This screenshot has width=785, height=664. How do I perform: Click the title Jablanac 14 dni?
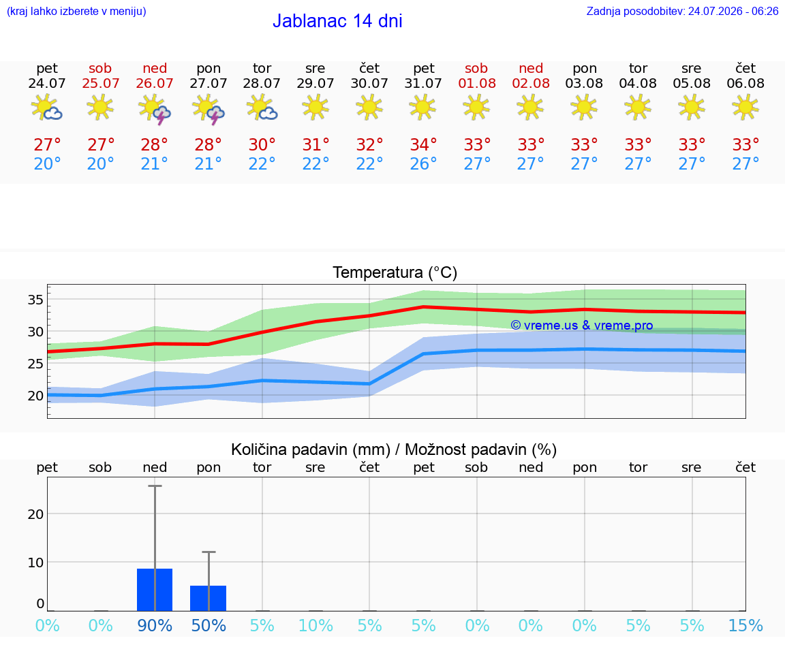(337, 21)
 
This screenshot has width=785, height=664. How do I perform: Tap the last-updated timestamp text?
(682, 11)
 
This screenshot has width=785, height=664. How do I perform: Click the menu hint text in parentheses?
(76, 11)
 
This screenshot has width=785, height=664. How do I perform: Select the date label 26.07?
(155, 83)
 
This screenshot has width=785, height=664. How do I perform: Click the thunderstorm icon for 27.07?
(209, 108)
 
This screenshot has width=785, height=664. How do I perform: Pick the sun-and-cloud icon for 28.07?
(262, 108)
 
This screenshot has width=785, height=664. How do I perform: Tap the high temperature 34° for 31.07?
(424, 144)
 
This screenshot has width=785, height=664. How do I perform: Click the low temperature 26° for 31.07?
(424, 163)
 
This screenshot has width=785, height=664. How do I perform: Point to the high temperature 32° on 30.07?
(369, 144)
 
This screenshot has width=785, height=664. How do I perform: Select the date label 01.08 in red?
(477, 83)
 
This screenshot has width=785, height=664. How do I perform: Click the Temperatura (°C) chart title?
(395, 272)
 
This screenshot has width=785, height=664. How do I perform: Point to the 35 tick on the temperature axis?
(35, 300)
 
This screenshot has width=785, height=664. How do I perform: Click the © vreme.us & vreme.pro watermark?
(582, 326)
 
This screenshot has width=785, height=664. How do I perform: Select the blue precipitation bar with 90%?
(155, 590)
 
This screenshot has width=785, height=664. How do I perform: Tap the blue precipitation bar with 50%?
(209, 598)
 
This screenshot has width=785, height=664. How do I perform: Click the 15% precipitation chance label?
(745, 625)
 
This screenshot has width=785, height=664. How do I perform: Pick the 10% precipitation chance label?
(315, 625)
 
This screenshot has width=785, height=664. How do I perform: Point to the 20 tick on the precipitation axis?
(35, 514)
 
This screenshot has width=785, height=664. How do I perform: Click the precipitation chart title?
(394, 449)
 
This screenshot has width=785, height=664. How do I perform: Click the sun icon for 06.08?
(745, 107)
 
